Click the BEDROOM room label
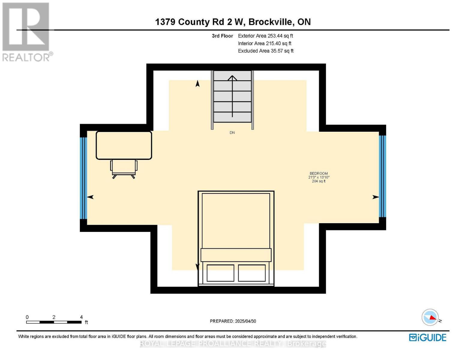319,173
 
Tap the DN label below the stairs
232,133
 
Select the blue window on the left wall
84,178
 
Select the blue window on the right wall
382,176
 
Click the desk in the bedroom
124,145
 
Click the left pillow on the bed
220,273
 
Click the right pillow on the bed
252,273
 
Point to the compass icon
430,317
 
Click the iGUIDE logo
428,337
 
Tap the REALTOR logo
26,31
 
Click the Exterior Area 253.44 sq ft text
265,36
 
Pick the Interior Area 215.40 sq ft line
264,43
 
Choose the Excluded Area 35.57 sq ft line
266,51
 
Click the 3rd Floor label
222,36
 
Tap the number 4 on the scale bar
81,317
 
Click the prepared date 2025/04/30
245,321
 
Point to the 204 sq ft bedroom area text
319,181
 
